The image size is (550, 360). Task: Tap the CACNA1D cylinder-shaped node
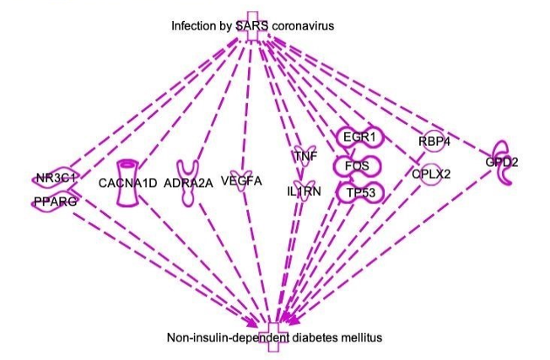[x=128, y=182]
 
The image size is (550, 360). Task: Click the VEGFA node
[x=241, y=180]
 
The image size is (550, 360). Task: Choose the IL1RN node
[x=304, y=191]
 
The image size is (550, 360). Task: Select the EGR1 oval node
[x=359, y=137]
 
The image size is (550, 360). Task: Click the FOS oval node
[x=359, y=165]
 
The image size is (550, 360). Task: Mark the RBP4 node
[x=434, y=141]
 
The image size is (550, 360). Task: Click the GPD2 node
[x=502, y=163]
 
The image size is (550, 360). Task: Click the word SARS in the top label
[x=251, y=26]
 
